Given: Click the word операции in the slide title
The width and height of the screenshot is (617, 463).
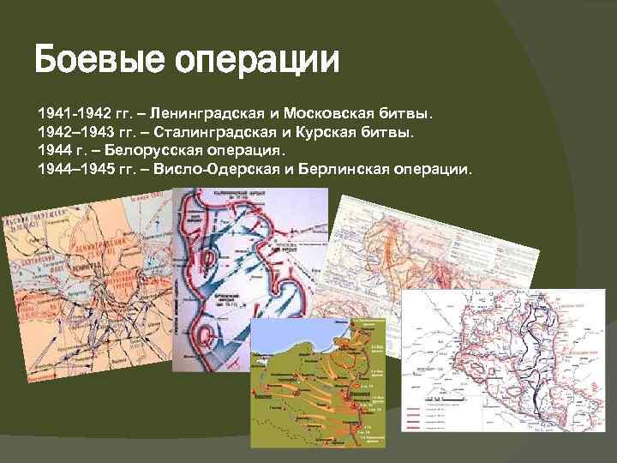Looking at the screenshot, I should [x=257, y=63].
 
